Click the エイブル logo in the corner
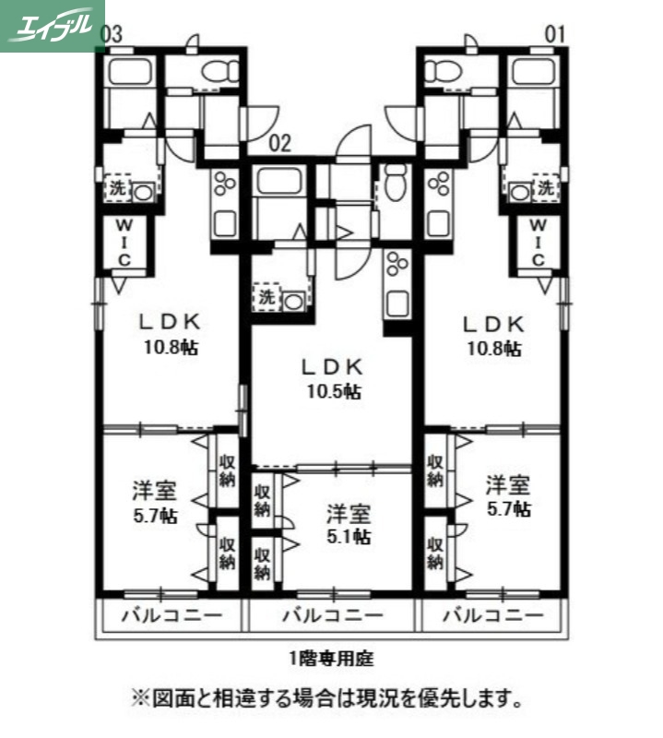(51, 25)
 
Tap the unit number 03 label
(112, 34)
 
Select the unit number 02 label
(281, 142)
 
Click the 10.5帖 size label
(334, 390)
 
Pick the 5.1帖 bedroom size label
(348, 536)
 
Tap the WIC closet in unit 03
(122, 242)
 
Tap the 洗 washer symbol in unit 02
(266, 298)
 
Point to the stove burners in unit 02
(397, 265)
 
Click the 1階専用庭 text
(330, 659)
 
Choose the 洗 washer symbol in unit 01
(547, 188)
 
